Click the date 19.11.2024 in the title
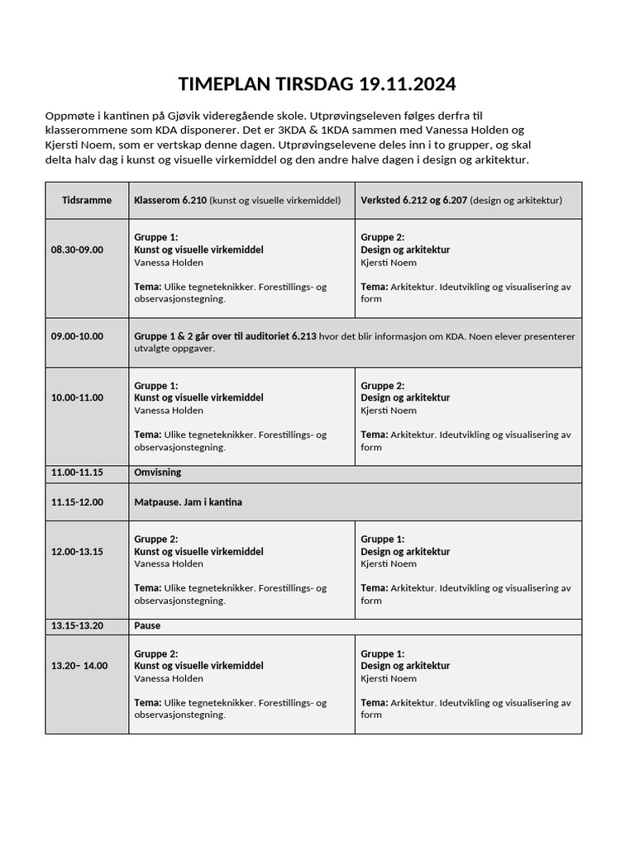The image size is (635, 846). tap(407, 84)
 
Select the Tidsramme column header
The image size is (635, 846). tap(87, 200)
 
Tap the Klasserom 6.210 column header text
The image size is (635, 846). tap(169, 200)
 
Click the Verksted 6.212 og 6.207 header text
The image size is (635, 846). tap(413, 200)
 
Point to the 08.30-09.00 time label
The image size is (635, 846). tap(77, 250)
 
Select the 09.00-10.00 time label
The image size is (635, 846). tap(77, 336)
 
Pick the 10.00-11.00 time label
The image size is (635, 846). tap(77, 397)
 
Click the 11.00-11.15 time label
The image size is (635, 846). tap(77, 473)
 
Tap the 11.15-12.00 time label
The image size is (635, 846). tap(77, 501)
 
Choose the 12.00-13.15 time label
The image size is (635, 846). tap(77, 552)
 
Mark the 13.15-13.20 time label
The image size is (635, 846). tap(77, 626)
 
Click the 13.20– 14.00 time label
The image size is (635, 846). tap(79, 666)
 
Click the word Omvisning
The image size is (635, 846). tap(157, 473)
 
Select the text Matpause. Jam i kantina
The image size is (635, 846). tap(188, 501)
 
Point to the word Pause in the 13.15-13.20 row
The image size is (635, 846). tap(147, 626)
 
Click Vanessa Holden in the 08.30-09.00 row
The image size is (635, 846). tap(168, 263)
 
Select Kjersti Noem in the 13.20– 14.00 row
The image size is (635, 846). tap(389, 678)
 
